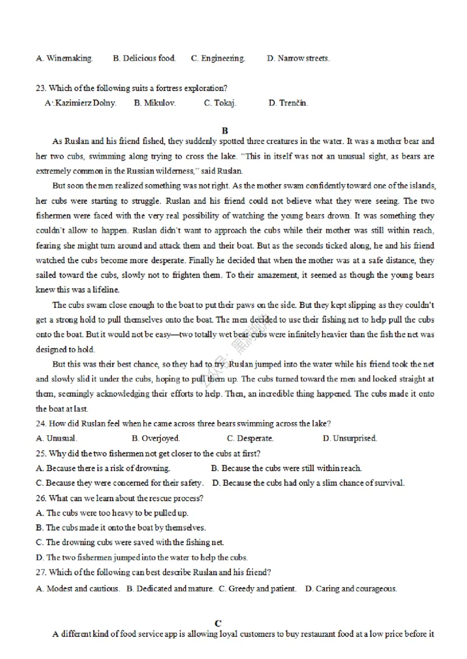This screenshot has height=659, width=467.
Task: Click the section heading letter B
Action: coord(225,131)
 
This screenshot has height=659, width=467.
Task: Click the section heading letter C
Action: coord(218,623)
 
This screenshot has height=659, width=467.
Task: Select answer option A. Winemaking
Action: coord(64,58)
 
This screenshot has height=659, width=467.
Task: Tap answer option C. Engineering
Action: coord(218,58)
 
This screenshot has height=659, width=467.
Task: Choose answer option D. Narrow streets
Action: coord(298,58)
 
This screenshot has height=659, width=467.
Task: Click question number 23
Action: coord(41,89)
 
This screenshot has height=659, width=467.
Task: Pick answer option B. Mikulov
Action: coord(155,103)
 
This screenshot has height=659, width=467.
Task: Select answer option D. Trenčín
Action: coord(288,103)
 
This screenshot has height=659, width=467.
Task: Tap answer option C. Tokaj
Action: coord(220,103)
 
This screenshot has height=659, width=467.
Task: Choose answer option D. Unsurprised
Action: coord(350,438)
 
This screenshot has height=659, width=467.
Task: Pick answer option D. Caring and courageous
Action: coord(351,588)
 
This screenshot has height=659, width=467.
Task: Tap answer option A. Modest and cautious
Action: coord(78,588)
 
